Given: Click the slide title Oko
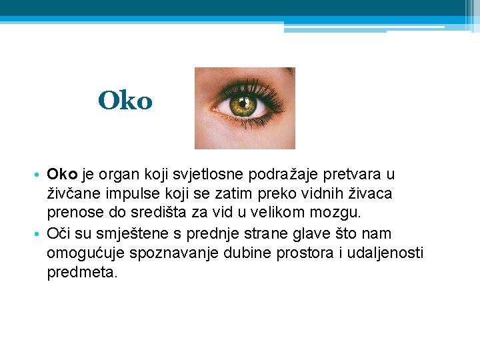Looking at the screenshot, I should [x=125, y=101].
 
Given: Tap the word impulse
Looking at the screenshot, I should [x=129, y=194].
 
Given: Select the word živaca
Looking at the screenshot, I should [x=371, y=194].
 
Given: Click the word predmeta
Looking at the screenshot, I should [x=82, y=273].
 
